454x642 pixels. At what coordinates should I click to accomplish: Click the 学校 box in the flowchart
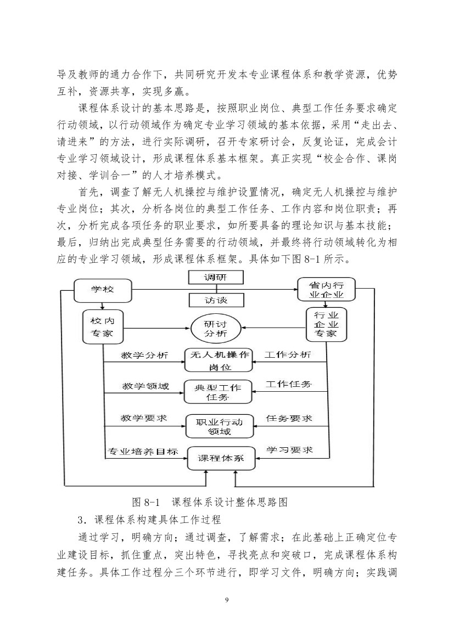click(103, 290)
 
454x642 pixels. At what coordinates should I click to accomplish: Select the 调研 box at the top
click(216, 277)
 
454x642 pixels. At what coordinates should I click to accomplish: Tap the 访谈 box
click(216, 300)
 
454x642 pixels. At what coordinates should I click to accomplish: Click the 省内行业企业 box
click(326, 290)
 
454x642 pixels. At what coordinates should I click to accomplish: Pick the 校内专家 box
click(103, 326)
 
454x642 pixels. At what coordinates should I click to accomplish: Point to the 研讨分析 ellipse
click(216, 328)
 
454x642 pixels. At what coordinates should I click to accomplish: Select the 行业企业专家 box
click(327, 325)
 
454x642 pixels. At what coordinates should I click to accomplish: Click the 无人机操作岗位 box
click(218, 361)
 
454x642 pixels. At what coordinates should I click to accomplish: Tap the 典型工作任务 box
click(218, 392)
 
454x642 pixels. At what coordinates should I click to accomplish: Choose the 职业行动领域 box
click(220, 426)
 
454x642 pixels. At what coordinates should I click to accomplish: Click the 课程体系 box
click(221, 458)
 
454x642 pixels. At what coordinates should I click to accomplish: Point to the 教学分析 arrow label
click(144, 355)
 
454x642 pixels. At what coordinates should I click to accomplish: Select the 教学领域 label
click(145, 386)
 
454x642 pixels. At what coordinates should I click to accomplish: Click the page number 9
click(227, 601)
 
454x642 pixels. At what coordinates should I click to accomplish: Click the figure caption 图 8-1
click(146, 502)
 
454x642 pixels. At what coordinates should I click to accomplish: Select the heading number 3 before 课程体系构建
click(81, 520)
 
